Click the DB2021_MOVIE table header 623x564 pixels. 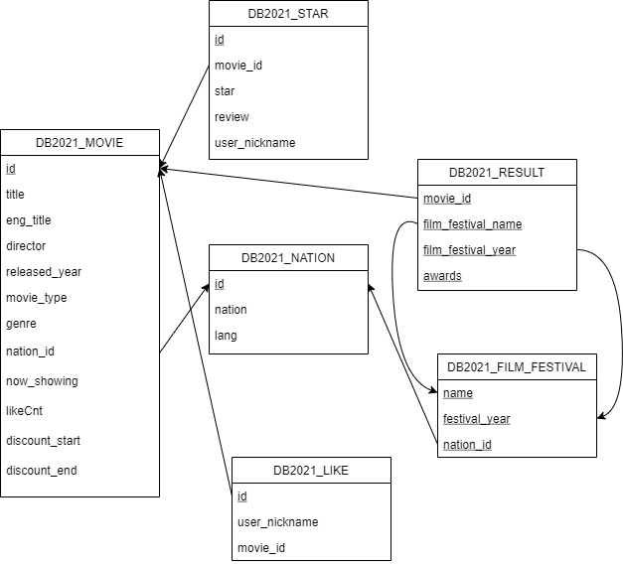coord(79,142)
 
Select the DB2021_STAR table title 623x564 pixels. coord(288,13)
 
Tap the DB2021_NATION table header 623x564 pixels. coord(288,257)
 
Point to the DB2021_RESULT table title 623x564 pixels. coord(497,172)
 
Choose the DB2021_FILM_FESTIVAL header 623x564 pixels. coord(517,366)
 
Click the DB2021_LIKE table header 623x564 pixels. coord(311,470)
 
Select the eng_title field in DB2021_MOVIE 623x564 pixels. coord(29,220)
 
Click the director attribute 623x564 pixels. coord(26,246)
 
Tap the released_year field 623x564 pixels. coord(44,272)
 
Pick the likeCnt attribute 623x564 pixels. coord(25,411)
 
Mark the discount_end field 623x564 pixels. coord(42,471)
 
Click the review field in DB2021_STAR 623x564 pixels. coord(233,117)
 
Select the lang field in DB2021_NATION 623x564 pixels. coord(227,336)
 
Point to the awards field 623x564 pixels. coord(442,276)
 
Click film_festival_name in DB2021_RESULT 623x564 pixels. coord(472,224)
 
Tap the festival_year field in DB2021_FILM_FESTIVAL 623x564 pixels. coord(476,419)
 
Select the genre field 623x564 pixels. coord(21,324)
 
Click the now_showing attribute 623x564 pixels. coord(42,381)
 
